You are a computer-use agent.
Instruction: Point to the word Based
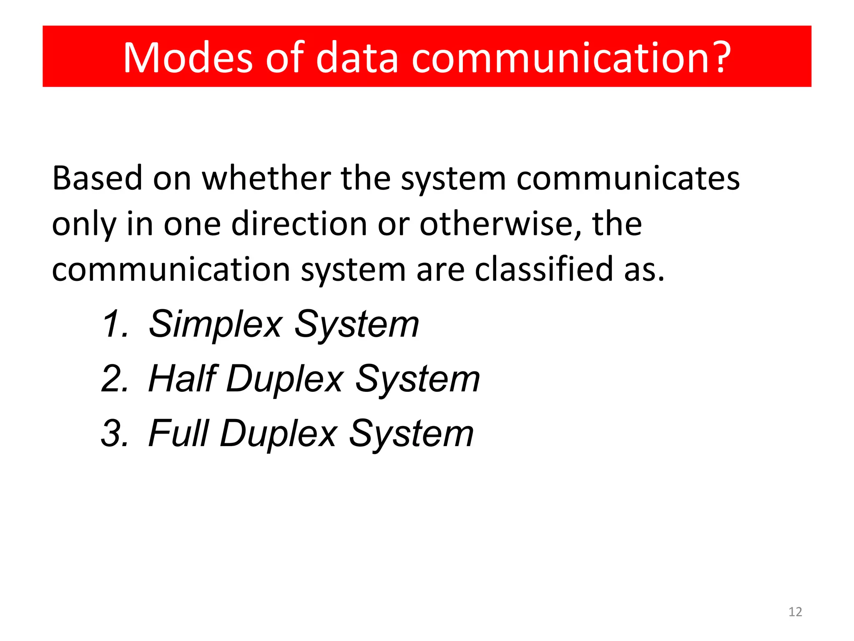tap(97, 178)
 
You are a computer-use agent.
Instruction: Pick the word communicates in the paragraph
tap(628, 178)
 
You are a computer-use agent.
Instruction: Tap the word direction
tap(299, 224)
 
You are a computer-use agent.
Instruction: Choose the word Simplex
tap(215, 324)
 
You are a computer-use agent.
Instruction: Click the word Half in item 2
tap(183, 379)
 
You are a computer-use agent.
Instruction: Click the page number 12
tap(795, 612)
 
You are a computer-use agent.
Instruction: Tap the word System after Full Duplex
tap(411, 434)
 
